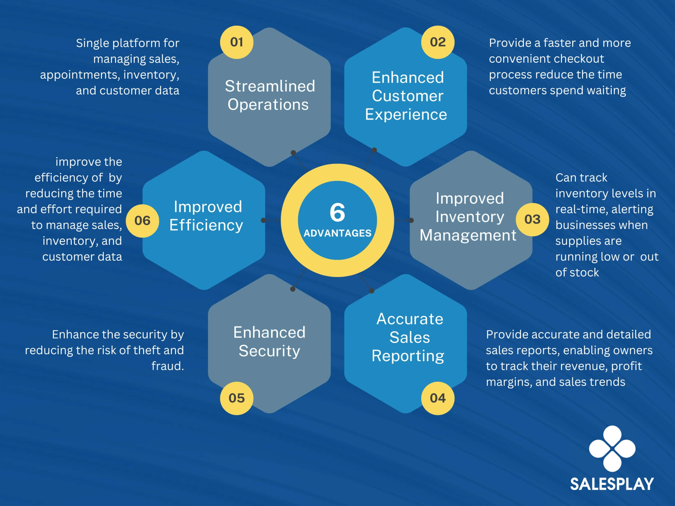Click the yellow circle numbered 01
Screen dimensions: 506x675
(237, 42)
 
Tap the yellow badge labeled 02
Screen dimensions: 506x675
(438, 42)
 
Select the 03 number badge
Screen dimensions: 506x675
(532, 219)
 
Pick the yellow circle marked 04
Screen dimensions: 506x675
(438, 398)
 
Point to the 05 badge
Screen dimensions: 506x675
(237, 398)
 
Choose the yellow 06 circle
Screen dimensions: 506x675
(142, 220)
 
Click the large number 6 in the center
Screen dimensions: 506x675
(337, 212)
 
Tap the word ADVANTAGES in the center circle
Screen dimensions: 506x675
(337, 233)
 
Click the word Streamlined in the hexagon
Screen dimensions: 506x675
(270, 86)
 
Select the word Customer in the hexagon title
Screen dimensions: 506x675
(407, 96)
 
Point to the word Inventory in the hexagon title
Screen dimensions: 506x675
(469, 217)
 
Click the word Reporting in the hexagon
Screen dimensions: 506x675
(408, 356)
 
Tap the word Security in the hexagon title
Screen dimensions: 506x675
(269, 351)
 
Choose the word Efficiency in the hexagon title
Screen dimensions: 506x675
(206, 225)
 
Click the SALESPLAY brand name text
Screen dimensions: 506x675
(612, 484)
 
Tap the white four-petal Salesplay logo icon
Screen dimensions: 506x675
(612, 448)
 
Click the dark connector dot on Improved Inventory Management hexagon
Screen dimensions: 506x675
(411, 220)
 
